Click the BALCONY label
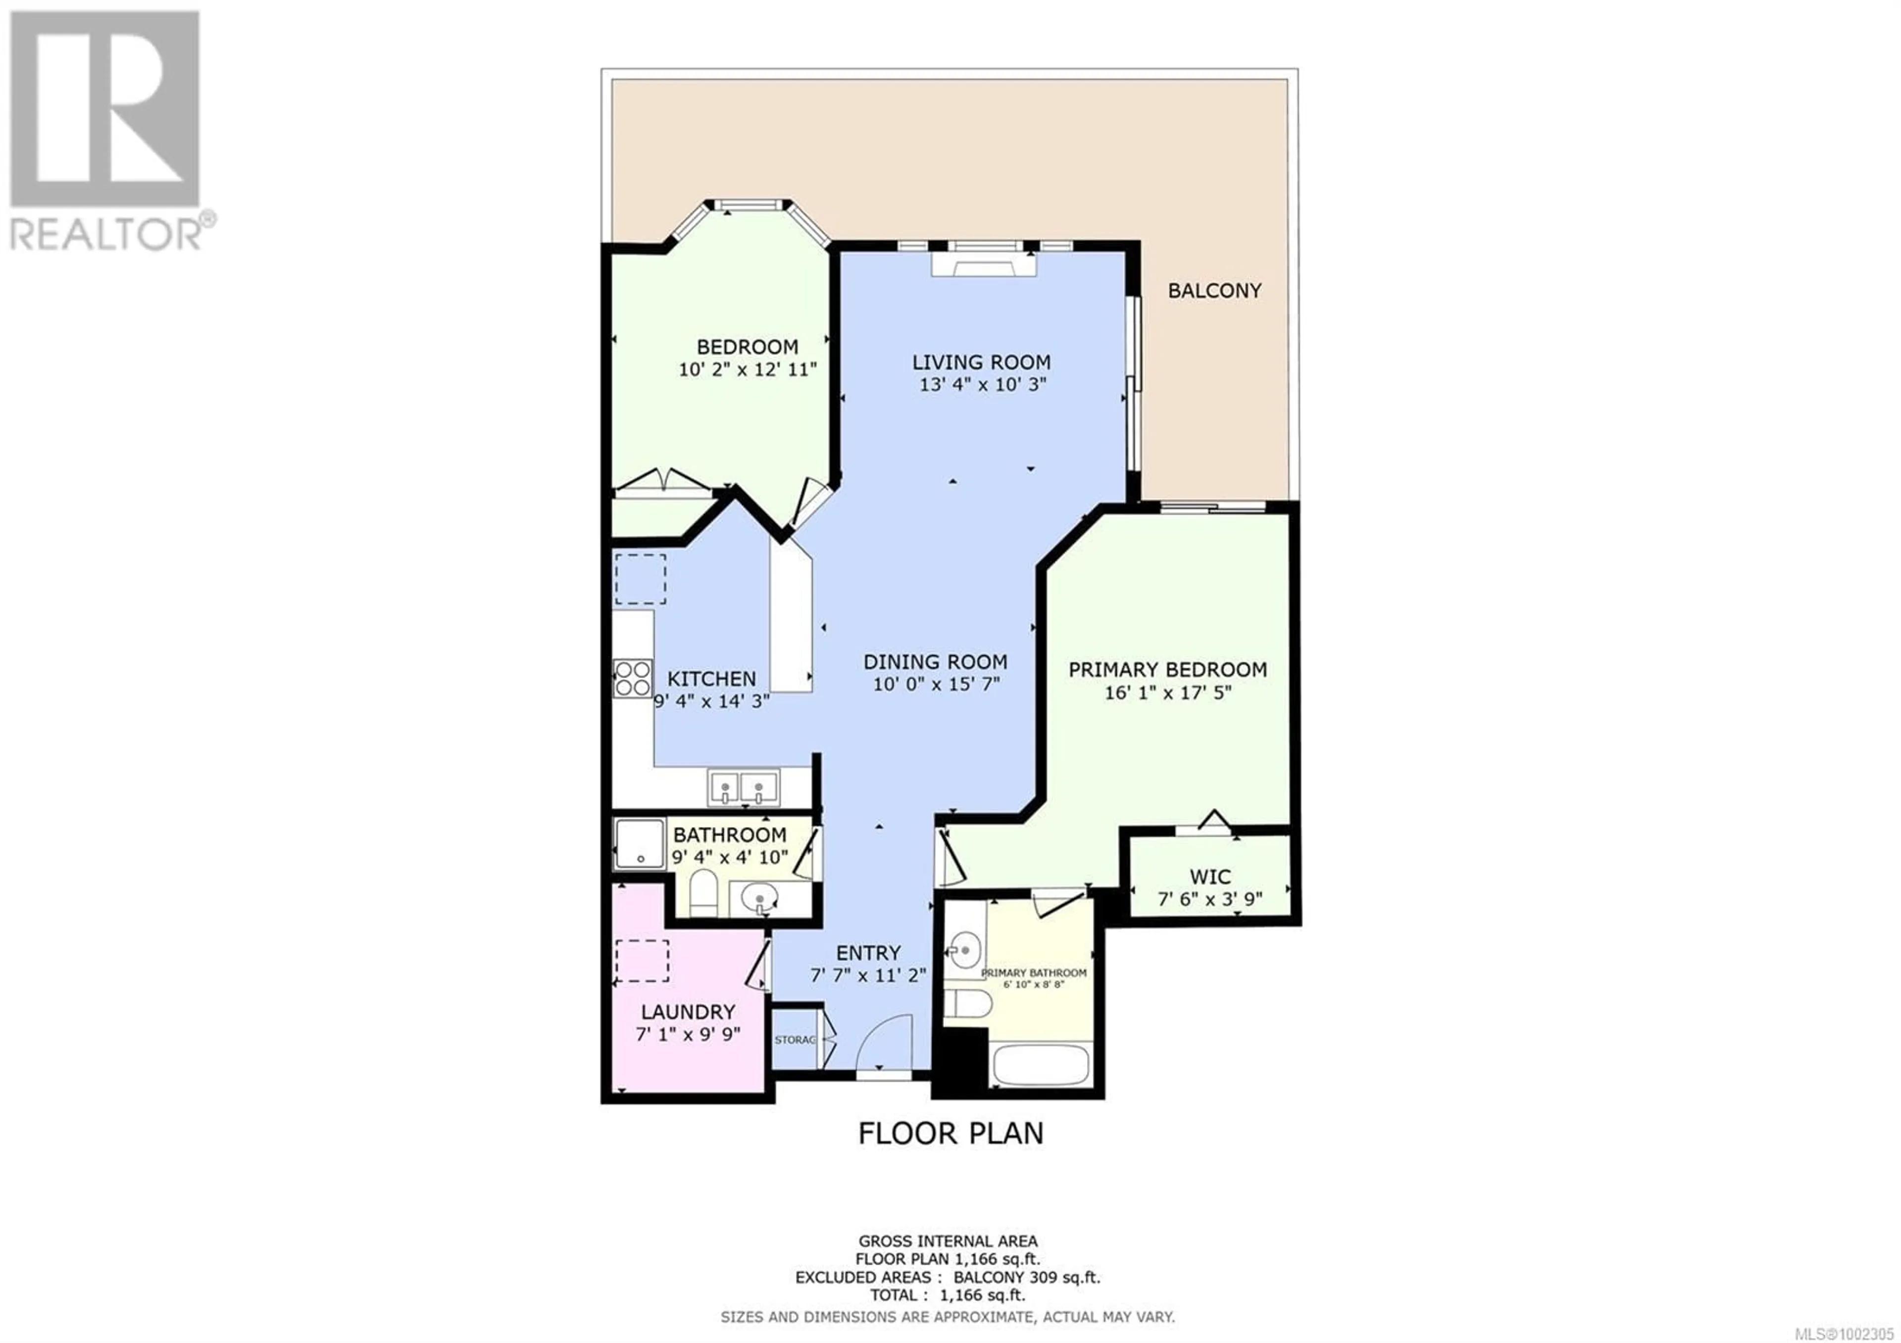[1215, 291]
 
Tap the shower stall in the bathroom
[639, 844]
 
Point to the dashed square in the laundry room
[643, 961]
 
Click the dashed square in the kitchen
[640, 579]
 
